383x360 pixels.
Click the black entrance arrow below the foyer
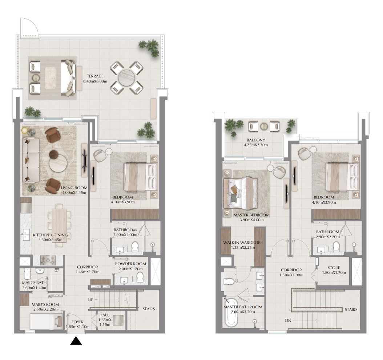(x=76, y=341)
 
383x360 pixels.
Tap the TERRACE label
(x=95, y=76)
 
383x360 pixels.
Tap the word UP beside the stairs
(x=90, y=300)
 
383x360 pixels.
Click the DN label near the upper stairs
(x=288, y=320)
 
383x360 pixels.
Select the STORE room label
(x=334, y=268)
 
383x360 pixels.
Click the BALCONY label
(x=256, y=140)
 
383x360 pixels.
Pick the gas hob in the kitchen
(x=48, y=260)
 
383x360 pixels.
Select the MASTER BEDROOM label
(x=251, y=215)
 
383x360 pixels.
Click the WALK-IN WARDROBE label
(x=243, y=243)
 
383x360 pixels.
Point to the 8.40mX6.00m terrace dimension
(x=95, y=81)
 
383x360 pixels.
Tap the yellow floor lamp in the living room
(x=25, y=130)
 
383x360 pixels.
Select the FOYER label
(x=77, y=322)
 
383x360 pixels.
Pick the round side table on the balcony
(x=264, y=126)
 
